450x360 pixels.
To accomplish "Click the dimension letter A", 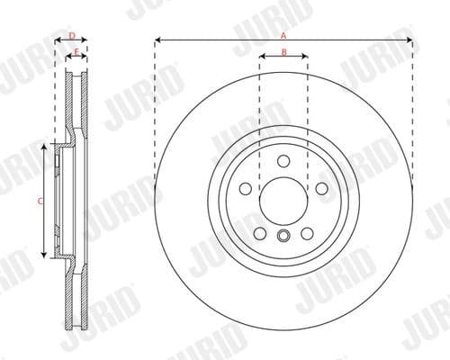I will [x=283, y=34].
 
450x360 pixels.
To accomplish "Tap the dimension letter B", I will [x=283, y=52].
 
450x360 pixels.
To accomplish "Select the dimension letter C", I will [x=40, y=202].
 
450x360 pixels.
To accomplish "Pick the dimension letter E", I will [x=76, y=51].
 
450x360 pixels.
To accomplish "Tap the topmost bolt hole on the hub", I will [x=283, y=162].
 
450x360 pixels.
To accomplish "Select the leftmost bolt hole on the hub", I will [x=245, y=190].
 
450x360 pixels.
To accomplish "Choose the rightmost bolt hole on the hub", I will [x=321, y=190].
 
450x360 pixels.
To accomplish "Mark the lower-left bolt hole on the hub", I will [x=260, y=234].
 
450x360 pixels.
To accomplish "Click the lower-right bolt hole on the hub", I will [x=307, y=234].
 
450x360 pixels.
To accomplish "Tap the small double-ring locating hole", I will [x=283, y=236].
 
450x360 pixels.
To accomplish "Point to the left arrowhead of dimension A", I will [x=158, y=40].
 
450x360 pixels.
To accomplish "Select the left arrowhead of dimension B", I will [x=262, y=58].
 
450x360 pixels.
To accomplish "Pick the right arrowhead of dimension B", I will [x=305, y=58].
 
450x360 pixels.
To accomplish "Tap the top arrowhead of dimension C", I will [x=46, y=147].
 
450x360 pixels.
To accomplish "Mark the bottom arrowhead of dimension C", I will [x=46, y=256].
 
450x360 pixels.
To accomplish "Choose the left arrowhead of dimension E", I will [x=72, y=58].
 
